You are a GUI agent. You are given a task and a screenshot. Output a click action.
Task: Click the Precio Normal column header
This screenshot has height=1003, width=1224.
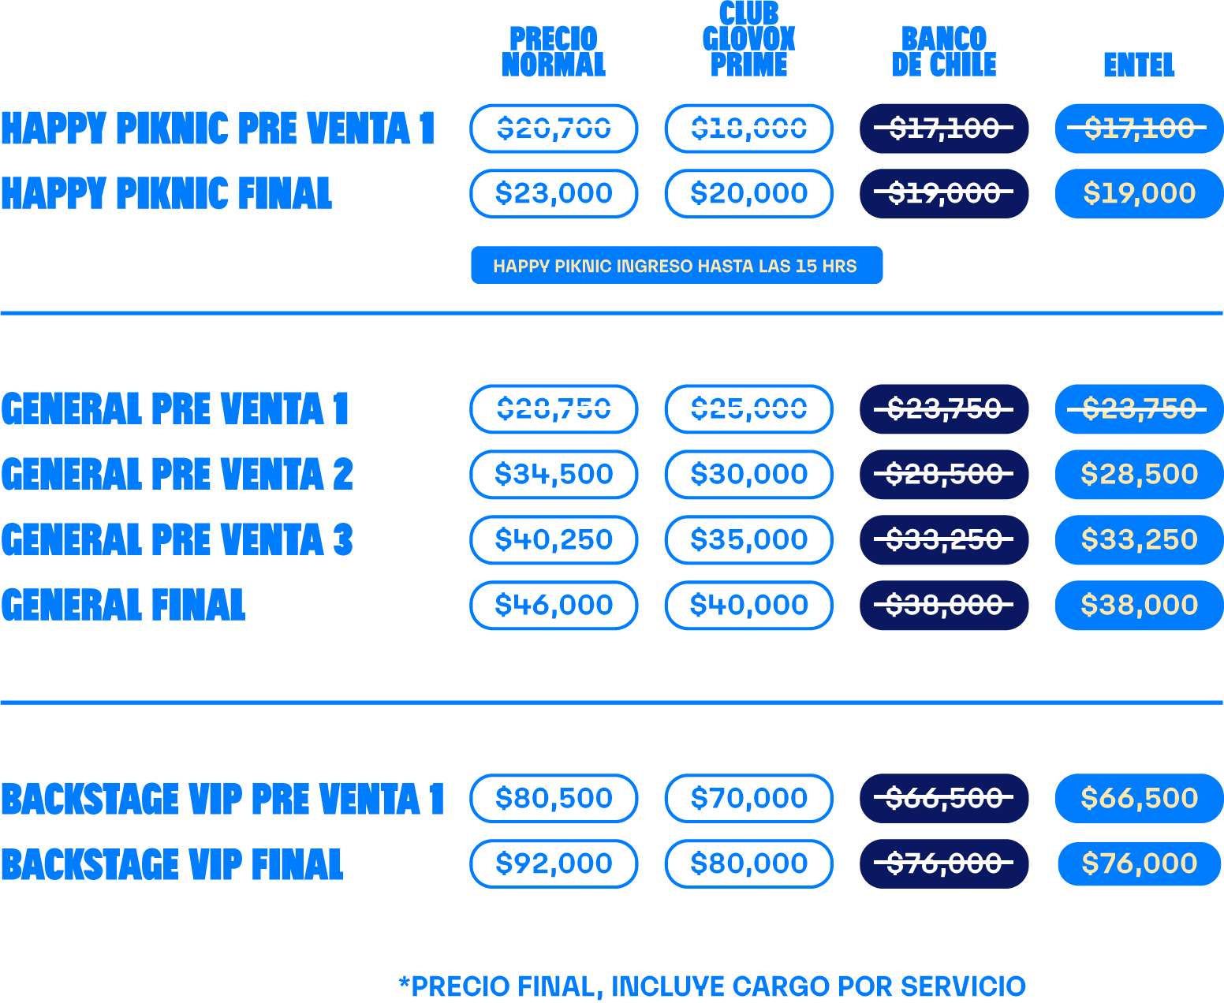554,52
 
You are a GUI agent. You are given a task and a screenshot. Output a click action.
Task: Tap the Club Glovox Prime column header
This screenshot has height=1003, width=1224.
748,39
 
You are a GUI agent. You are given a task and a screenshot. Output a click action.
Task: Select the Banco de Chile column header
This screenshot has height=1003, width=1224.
944,52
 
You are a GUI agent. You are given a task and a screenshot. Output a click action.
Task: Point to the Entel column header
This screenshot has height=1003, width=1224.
1139,65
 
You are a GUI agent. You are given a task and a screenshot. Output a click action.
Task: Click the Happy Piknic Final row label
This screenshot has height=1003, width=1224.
166,194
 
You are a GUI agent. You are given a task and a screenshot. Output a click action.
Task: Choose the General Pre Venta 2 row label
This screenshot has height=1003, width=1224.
177,475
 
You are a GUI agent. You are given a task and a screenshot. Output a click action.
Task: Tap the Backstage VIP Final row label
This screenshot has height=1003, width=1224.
172,864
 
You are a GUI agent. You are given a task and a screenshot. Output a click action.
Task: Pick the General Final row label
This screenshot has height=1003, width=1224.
123,606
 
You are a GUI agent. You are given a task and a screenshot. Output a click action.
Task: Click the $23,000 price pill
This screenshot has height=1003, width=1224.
554,194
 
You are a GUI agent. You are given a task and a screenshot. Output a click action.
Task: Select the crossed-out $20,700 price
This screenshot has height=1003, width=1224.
554,129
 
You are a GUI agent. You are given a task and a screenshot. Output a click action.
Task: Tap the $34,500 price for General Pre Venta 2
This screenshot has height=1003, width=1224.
554,475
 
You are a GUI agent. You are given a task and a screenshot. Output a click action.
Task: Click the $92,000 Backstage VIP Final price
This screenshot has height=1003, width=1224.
554,864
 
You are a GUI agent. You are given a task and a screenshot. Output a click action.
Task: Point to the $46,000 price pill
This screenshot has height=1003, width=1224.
554,606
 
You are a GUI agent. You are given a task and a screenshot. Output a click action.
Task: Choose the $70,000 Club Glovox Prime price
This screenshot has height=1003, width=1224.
748,799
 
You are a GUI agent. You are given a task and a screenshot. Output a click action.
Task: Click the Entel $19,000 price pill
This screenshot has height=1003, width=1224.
1139,194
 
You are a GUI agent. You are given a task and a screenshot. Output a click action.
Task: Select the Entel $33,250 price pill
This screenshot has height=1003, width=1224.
1139,540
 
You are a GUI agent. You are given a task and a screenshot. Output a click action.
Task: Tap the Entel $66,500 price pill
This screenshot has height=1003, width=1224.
1139,799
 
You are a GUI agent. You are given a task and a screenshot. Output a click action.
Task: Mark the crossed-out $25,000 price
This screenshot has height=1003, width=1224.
748,409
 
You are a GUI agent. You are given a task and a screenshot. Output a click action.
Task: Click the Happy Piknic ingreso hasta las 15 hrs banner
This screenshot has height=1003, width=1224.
676,266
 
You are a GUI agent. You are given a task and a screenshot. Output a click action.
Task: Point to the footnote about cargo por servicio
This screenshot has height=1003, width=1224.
712,986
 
